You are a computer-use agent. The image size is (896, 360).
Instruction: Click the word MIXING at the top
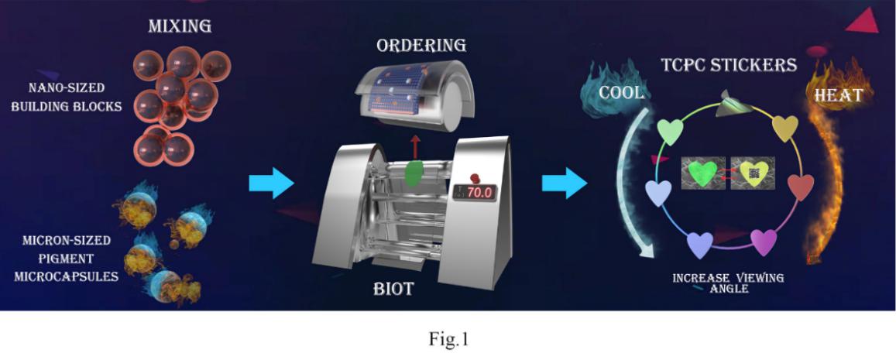coord(180,27)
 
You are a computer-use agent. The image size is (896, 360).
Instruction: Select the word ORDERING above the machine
coord(421,45)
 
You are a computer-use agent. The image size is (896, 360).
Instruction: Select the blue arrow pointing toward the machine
coord(271,184)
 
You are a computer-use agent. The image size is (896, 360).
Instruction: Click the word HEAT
coord(838,95)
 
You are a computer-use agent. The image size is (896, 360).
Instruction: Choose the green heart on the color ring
coord(670,131)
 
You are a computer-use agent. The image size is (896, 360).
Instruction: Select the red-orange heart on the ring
coord(801,187)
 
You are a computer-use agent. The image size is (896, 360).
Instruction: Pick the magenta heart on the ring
coord(764,242)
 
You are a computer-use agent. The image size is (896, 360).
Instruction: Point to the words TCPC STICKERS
coord(728,65)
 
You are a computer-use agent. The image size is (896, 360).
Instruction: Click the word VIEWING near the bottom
coord(759,277)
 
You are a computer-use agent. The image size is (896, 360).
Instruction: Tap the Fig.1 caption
coord(448,338)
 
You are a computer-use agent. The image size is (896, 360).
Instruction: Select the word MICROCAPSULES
coord(65,276)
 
